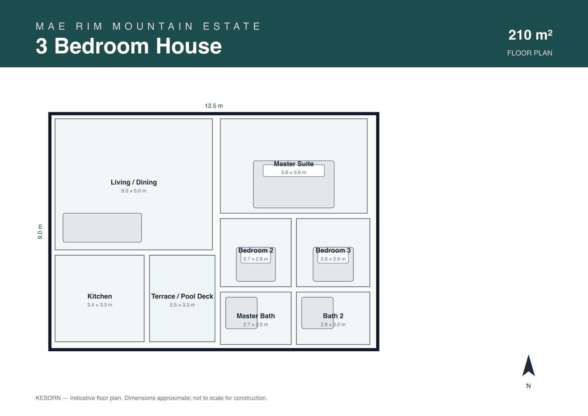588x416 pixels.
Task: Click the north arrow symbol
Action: point(528,366)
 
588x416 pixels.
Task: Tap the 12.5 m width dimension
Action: point(214,106)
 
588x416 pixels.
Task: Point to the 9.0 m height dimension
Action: point(40,232)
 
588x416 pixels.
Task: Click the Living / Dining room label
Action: point(134,182)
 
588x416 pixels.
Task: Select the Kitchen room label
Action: point(100,296)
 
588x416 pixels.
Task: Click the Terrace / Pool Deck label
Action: point(182,296)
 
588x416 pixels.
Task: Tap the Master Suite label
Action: point(294,164)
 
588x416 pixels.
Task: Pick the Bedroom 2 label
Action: point(256,250)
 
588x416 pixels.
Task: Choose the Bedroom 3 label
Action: point(333,250)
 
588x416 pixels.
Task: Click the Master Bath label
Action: point(256,316)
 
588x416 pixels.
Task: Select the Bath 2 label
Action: point(333,316)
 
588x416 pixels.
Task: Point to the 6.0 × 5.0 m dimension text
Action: point(134,191)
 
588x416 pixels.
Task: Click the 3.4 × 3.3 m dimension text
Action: point(100,305)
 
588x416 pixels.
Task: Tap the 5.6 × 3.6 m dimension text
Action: point(294,173)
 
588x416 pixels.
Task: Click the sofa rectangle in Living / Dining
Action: point(102,228)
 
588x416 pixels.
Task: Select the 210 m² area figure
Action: point(530,35)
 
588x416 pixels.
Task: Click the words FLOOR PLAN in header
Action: point(529,53)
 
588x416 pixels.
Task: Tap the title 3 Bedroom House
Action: point(129,46)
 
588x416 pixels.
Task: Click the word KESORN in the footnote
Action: point(48,398)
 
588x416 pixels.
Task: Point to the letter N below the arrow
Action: point(528,386)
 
